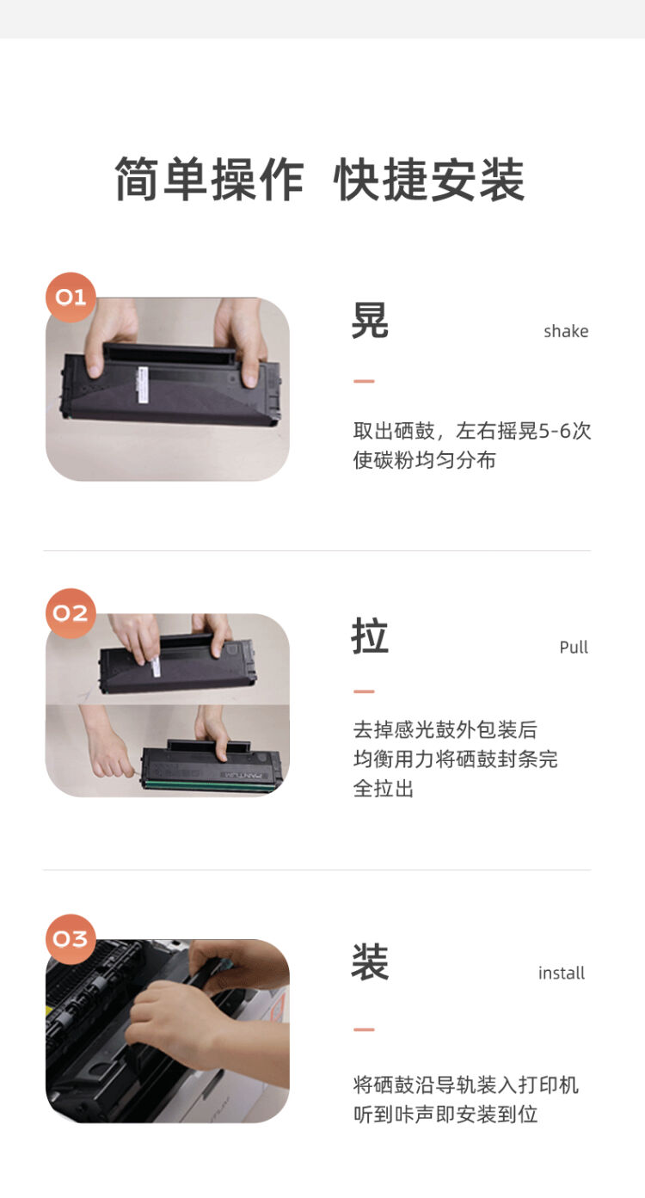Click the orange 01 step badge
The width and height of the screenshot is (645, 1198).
coord(71,298)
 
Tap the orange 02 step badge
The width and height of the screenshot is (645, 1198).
coord(71,613)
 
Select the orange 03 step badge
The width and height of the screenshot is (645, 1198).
coord(71,938)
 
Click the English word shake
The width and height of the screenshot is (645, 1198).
coord(566,331)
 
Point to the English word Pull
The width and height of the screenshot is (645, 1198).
coord(574,647)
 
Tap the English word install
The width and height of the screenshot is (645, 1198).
coord(562,973)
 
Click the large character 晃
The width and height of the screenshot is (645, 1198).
coord(370,321)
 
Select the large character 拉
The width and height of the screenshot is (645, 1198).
coord(370,636)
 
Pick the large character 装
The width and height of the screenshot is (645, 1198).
coord(370,962)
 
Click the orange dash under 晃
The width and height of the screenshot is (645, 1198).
coord(364,381)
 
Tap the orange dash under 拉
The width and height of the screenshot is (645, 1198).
coord(364,691)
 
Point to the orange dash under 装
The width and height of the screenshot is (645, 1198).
coord(364,1029)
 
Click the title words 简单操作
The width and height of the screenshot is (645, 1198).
coord(209,180)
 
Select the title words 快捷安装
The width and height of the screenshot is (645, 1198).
coord(429,180)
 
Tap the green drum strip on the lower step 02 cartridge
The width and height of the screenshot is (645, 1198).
coord(211,784)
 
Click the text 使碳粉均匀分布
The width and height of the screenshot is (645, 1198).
coord(424,460)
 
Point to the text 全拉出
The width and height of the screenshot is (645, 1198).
coord(384,788)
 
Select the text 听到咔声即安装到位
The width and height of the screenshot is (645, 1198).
coord(445,1115)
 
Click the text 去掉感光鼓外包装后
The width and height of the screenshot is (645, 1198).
coord(445,729)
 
